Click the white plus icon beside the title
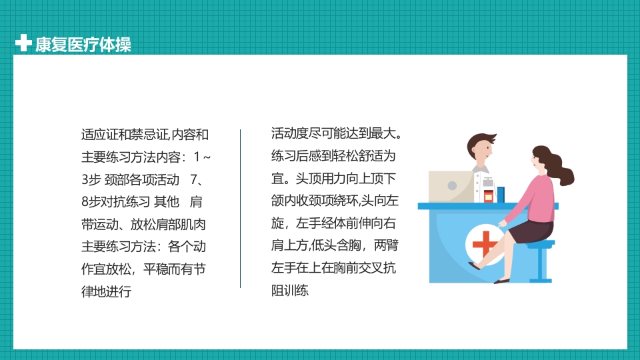23,43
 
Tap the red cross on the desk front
485,245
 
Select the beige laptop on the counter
451,186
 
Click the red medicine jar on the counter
489,195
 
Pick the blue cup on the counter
501,193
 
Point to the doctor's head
481,148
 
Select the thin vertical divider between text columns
240,209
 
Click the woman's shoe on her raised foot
475,265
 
